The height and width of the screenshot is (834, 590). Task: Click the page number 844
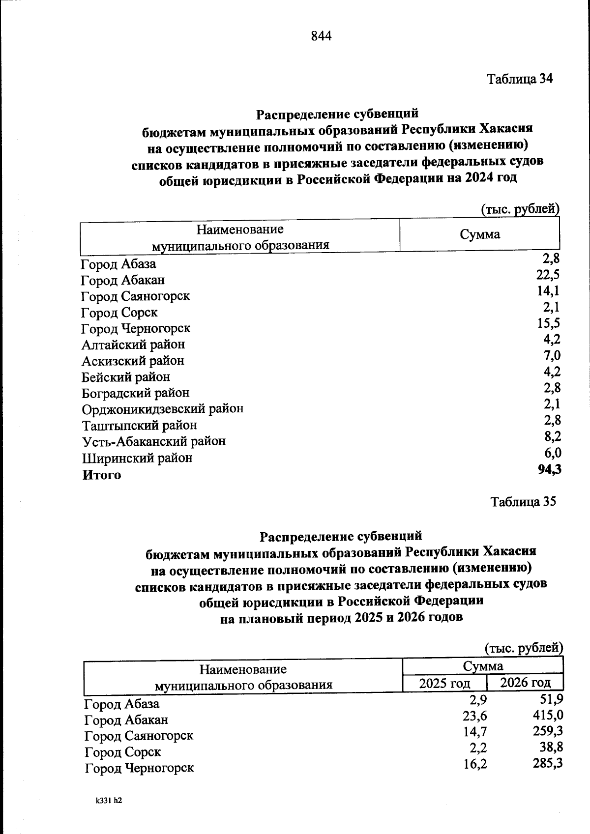point(321,36)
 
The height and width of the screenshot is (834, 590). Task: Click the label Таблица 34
point(520,79)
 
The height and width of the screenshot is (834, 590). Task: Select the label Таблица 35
point(523,502)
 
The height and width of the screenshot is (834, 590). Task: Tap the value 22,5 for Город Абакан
point(547,275)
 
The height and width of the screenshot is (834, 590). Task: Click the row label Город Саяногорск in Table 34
point(135,296)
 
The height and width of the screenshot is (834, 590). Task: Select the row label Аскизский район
point(133,361)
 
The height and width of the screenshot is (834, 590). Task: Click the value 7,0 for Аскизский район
point(552,355)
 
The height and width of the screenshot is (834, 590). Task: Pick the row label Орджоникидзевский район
point(162,409)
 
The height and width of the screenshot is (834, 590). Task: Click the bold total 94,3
point(549,470)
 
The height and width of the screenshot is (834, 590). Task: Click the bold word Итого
point(101,475)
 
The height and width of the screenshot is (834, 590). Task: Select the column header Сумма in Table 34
point(479,234)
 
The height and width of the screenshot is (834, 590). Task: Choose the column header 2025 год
point(444,684)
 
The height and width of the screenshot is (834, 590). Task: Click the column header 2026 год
point(525,682)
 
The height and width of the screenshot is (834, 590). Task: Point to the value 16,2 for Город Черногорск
point(475,764)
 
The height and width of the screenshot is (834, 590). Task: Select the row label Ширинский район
point(137,459)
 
